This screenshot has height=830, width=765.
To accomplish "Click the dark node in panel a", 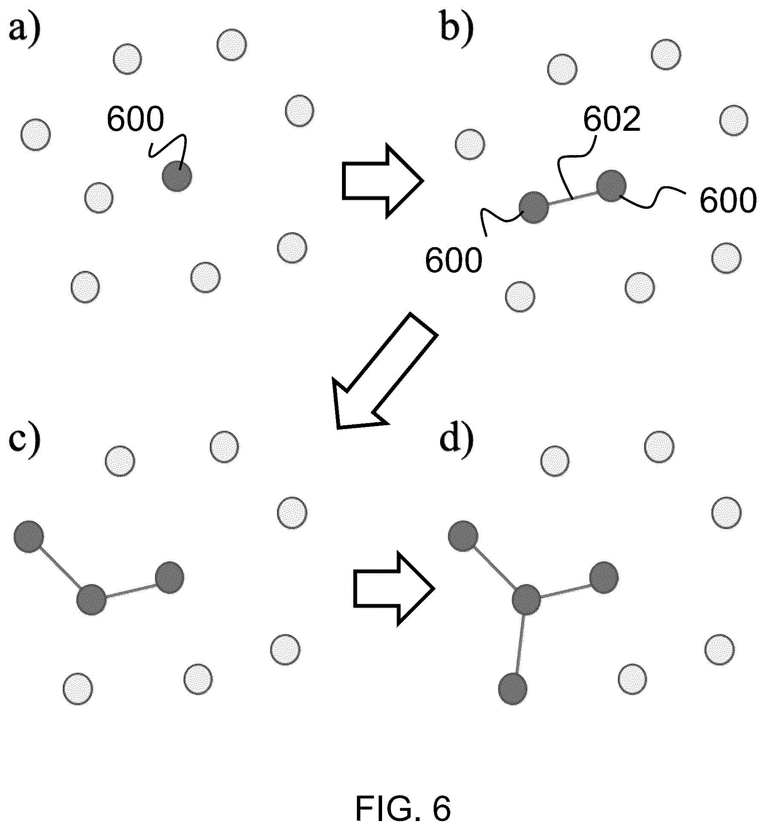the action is (177, 176).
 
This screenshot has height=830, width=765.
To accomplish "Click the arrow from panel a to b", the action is (382, 181).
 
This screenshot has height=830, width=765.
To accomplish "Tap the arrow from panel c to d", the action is (394, 588).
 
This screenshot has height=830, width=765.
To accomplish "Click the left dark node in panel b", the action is (533, 207).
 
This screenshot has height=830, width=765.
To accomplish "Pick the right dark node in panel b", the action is (611, 186).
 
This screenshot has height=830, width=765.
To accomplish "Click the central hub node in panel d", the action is (526, 599).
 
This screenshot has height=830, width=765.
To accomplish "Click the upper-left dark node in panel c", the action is (29, 536).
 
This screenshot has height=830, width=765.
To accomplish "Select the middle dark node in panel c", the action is (91, 599).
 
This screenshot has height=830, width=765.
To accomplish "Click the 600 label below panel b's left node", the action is (454, 260).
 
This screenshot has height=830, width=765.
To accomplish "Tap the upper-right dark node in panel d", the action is (603, 578).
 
